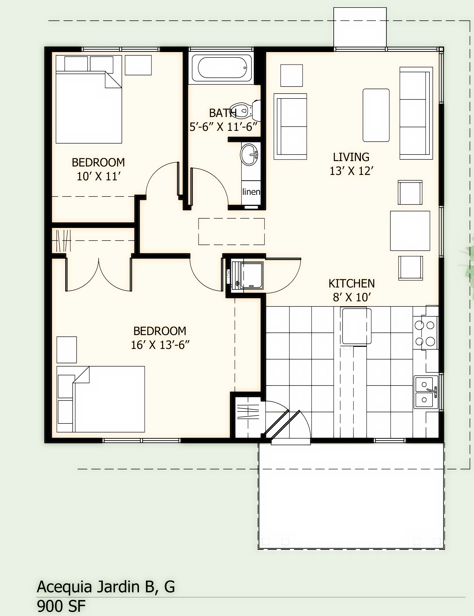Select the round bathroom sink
249,154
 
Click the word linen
251,192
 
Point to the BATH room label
223,113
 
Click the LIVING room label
351,157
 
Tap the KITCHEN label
351,283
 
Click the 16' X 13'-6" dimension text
160,345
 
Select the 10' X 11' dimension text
99,177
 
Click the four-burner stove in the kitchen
425,333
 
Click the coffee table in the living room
376,115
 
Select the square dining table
410,231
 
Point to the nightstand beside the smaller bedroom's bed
138,65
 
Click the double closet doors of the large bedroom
99,275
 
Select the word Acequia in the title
64,587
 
